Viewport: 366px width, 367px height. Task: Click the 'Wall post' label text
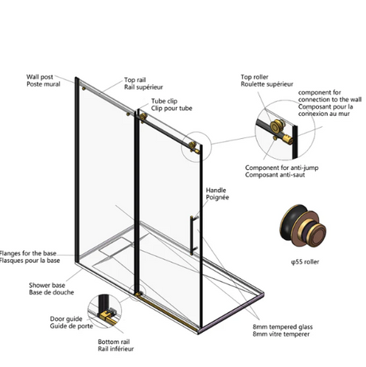point(40,77)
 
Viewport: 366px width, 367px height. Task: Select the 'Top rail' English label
point(135,79)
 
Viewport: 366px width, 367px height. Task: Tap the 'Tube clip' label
point(164,101)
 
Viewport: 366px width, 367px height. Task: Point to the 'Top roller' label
point(255,77)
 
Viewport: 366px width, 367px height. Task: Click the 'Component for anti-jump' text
point(282,168)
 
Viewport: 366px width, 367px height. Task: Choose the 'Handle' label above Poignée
point(216,190)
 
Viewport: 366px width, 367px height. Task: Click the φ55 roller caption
point(305,262)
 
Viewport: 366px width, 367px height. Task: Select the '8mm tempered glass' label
point(282,327)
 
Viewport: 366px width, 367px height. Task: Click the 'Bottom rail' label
point(114,342)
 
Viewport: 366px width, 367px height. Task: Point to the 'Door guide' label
point(66,319)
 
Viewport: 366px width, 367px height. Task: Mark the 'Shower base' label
point(47,285)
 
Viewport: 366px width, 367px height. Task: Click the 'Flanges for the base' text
point(28,253)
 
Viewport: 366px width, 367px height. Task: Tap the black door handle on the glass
point(192,235)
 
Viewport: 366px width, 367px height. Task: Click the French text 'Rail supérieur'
point(143,87)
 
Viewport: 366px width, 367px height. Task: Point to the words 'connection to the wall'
point(329,100)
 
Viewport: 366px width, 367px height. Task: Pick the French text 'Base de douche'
point(52,292)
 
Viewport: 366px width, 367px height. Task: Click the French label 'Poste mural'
point(43,84)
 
